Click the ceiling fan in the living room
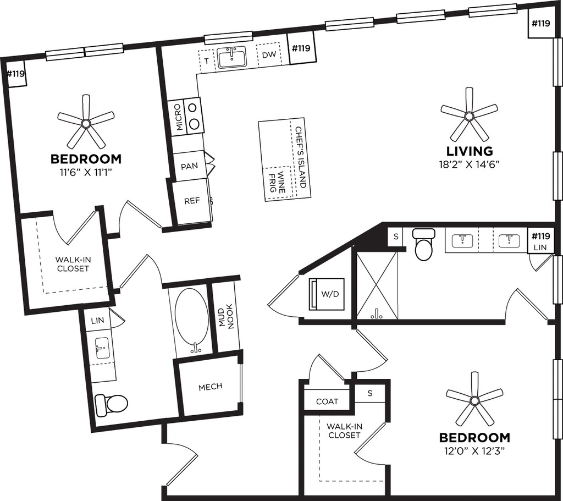(468, 115)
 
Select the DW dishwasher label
(268, 55)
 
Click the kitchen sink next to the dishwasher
(231, 57)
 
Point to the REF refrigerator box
(192, 201)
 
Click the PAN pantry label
(189, 166)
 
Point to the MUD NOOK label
(227, 317)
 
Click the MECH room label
(210, 387)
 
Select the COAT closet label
(327, 401)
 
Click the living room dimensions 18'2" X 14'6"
(468, 163)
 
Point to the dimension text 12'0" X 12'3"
(474, 451)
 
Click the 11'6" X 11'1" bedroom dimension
(86, 172)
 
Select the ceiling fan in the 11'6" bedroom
(86, 121)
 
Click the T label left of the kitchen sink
(206, 60)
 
